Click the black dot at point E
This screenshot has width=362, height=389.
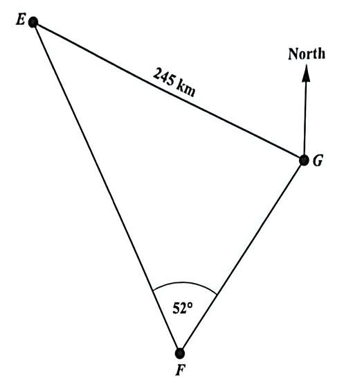pos(33,22)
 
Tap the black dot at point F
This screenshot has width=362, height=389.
pos(180,353)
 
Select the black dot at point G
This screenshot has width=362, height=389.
pos(304,160)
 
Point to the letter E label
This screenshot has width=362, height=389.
pos(20,20)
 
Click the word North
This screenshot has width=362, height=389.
pos(307,53)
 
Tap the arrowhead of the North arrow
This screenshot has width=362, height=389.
pos(307,73)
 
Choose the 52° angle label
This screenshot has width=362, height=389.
pos(182,308)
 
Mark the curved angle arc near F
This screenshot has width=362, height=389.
pos(185,283)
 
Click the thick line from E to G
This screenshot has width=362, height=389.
pos(168,91)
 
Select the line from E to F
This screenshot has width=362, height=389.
pos(107,187)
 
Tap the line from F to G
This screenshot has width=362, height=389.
pos(242,257)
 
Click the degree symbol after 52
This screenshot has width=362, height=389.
pos(190,304)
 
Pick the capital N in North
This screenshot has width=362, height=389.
pos(293,53)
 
